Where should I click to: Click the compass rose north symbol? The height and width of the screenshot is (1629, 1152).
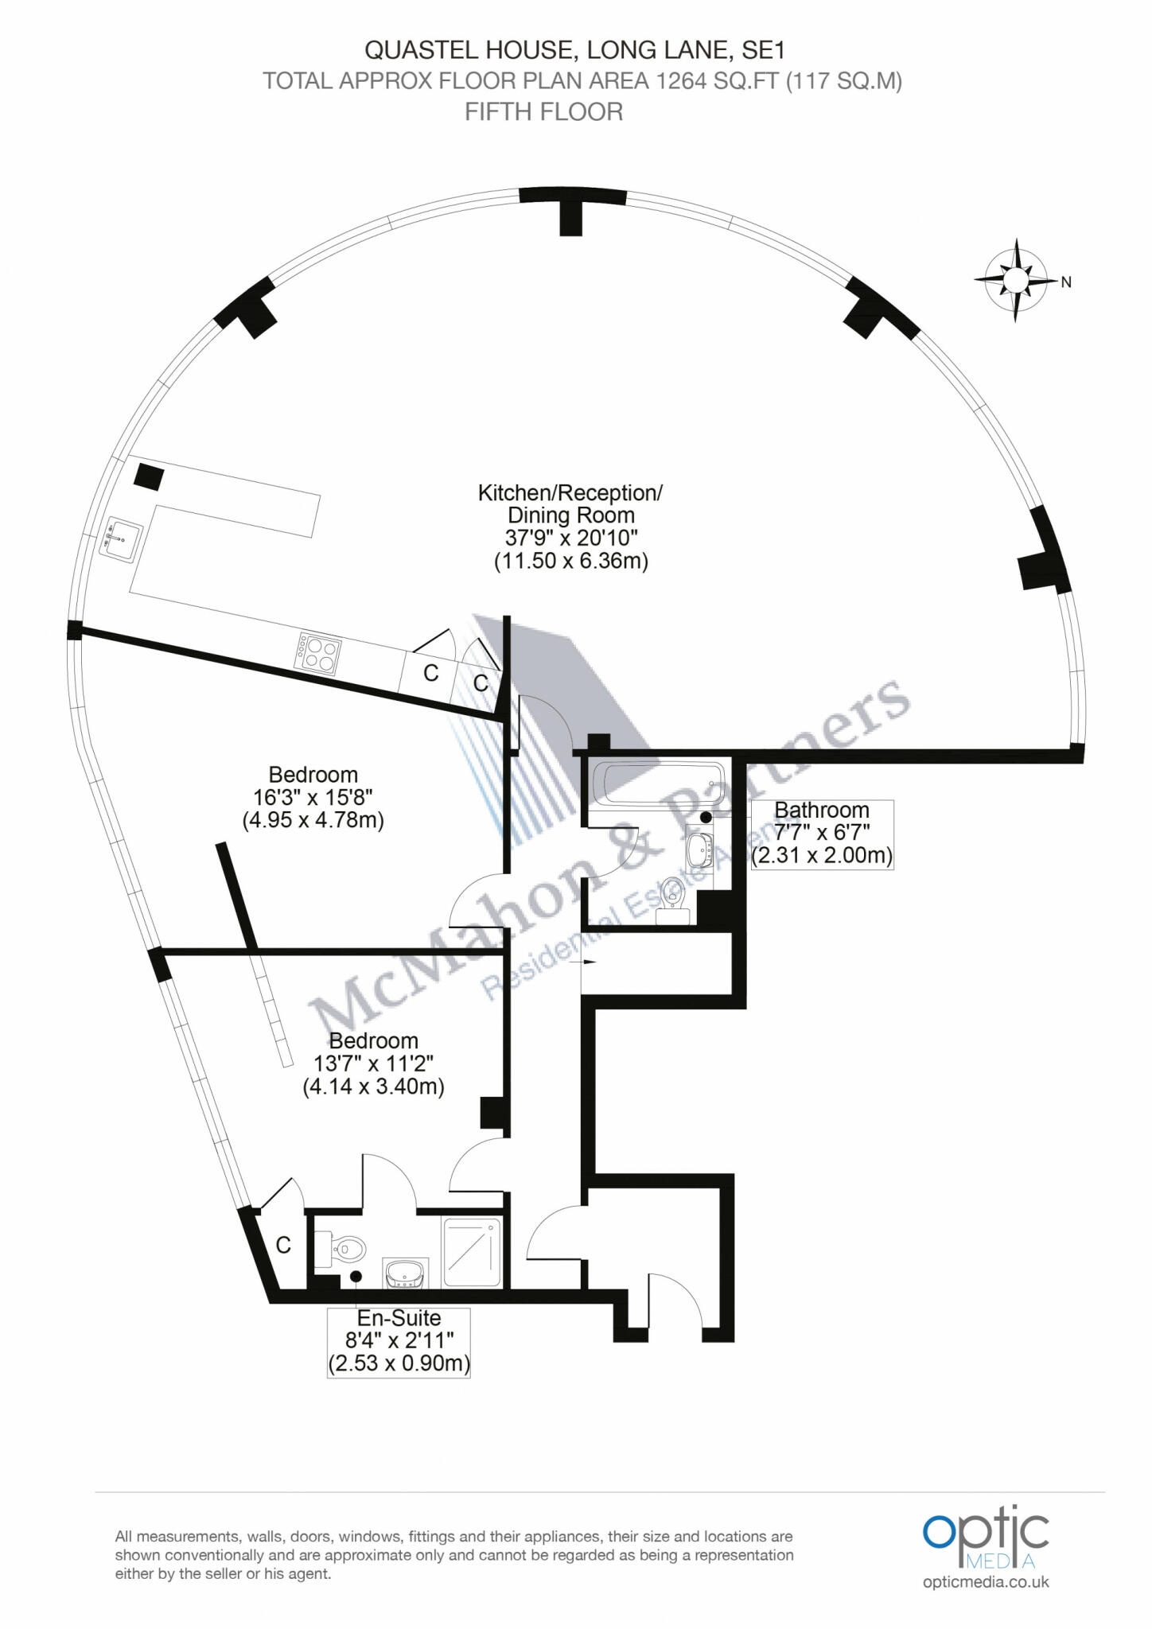tap(1015, 280)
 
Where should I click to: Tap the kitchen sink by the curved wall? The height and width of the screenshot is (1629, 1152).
tap(123, 541)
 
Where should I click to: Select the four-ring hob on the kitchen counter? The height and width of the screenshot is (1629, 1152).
tap(318, 654)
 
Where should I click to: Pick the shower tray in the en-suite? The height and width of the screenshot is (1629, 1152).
tap(473, 1254)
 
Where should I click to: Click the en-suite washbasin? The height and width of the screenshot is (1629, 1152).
tap(406, 1273)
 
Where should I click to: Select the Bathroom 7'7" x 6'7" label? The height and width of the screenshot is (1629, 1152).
tap(822, 834)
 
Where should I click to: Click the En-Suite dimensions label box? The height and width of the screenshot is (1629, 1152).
tap(399, 1343)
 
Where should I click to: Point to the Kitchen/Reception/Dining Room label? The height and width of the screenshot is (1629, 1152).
tap(570, 527)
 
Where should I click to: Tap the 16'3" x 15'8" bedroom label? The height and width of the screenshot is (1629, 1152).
tap(313, 797)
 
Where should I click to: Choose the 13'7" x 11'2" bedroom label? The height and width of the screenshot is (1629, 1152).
tap(374, 1063)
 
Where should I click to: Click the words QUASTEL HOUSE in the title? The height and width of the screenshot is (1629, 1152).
tap(470, 50)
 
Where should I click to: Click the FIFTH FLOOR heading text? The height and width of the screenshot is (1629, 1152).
tap(544, 112)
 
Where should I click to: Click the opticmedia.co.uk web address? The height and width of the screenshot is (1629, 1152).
tap(987, 1581)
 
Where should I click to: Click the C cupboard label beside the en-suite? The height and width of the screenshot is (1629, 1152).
tap(283, 1246)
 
